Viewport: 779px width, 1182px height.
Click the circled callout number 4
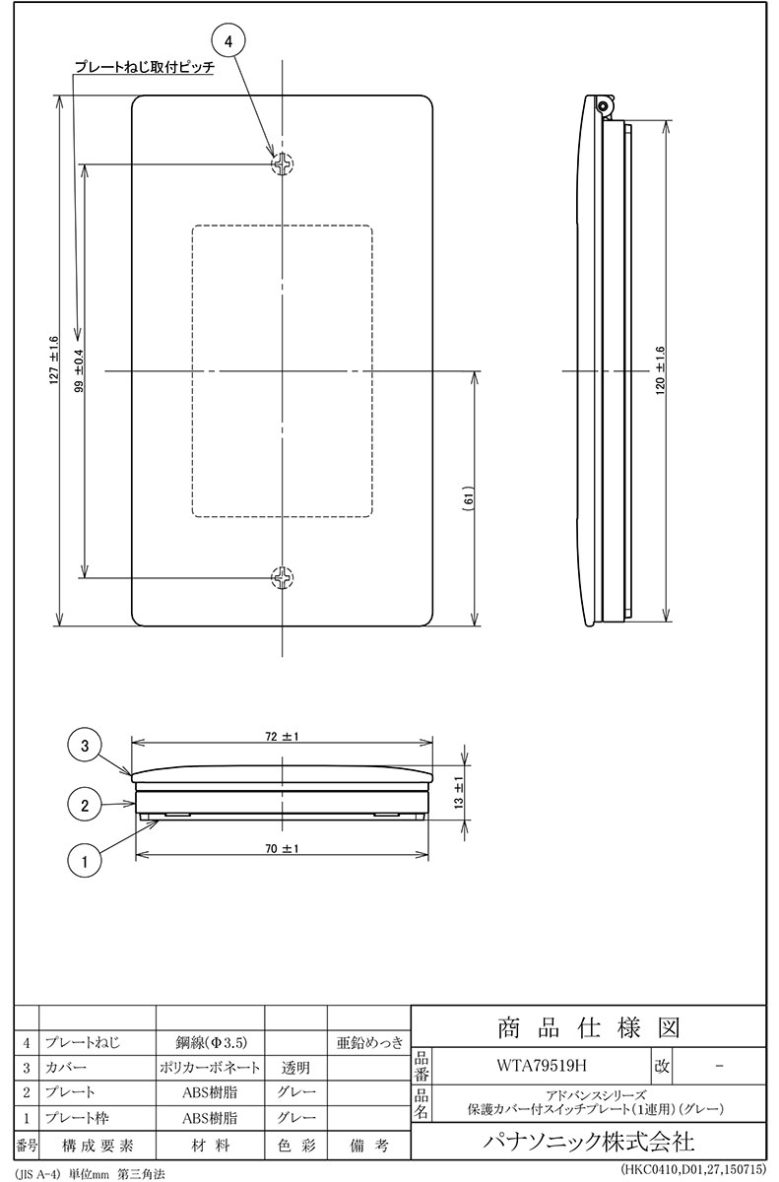click(x=228, y=41)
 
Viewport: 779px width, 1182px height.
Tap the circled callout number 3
click(x=85, y=746)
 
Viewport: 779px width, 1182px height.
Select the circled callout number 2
click(x=85, y=806)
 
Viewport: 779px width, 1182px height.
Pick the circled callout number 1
click(x=85, y=862)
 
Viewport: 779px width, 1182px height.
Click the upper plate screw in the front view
click(x=283, y=164)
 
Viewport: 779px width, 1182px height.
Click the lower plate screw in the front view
click(x=283, y=578)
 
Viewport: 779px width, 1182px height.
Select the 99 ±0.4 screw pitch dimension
click(x=80, y=371)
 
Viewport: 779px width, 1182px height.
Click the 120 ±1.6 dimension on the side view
click(x=661, y=371)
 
